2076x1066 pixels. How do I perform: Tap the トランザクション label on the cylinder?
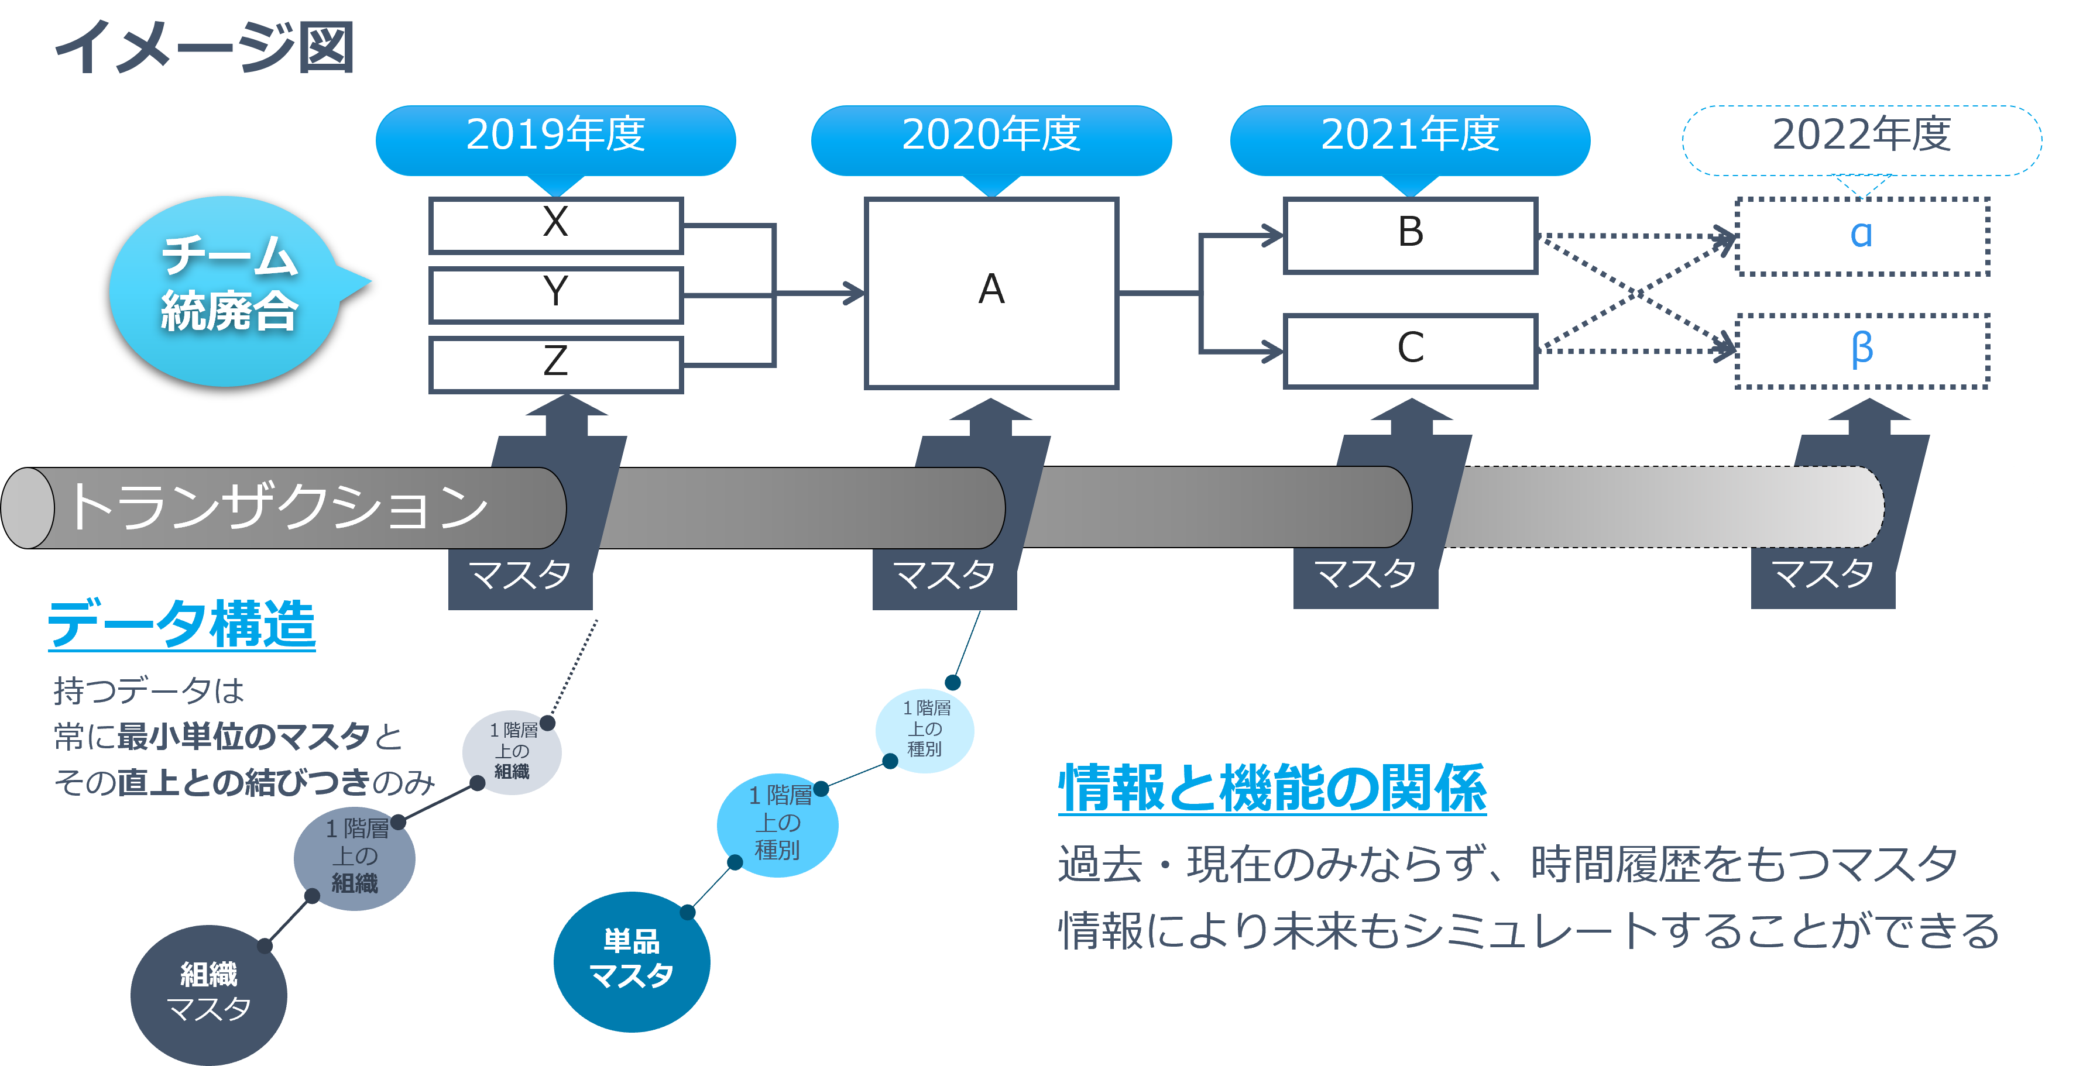coord(278,508)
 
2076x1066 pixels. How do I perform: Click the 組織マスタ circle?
coord(209,993)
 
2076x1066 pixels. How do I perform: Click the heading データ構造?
coord(181,624)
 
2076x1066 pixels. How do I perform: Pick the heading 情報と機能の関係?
coord(1272,788)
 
